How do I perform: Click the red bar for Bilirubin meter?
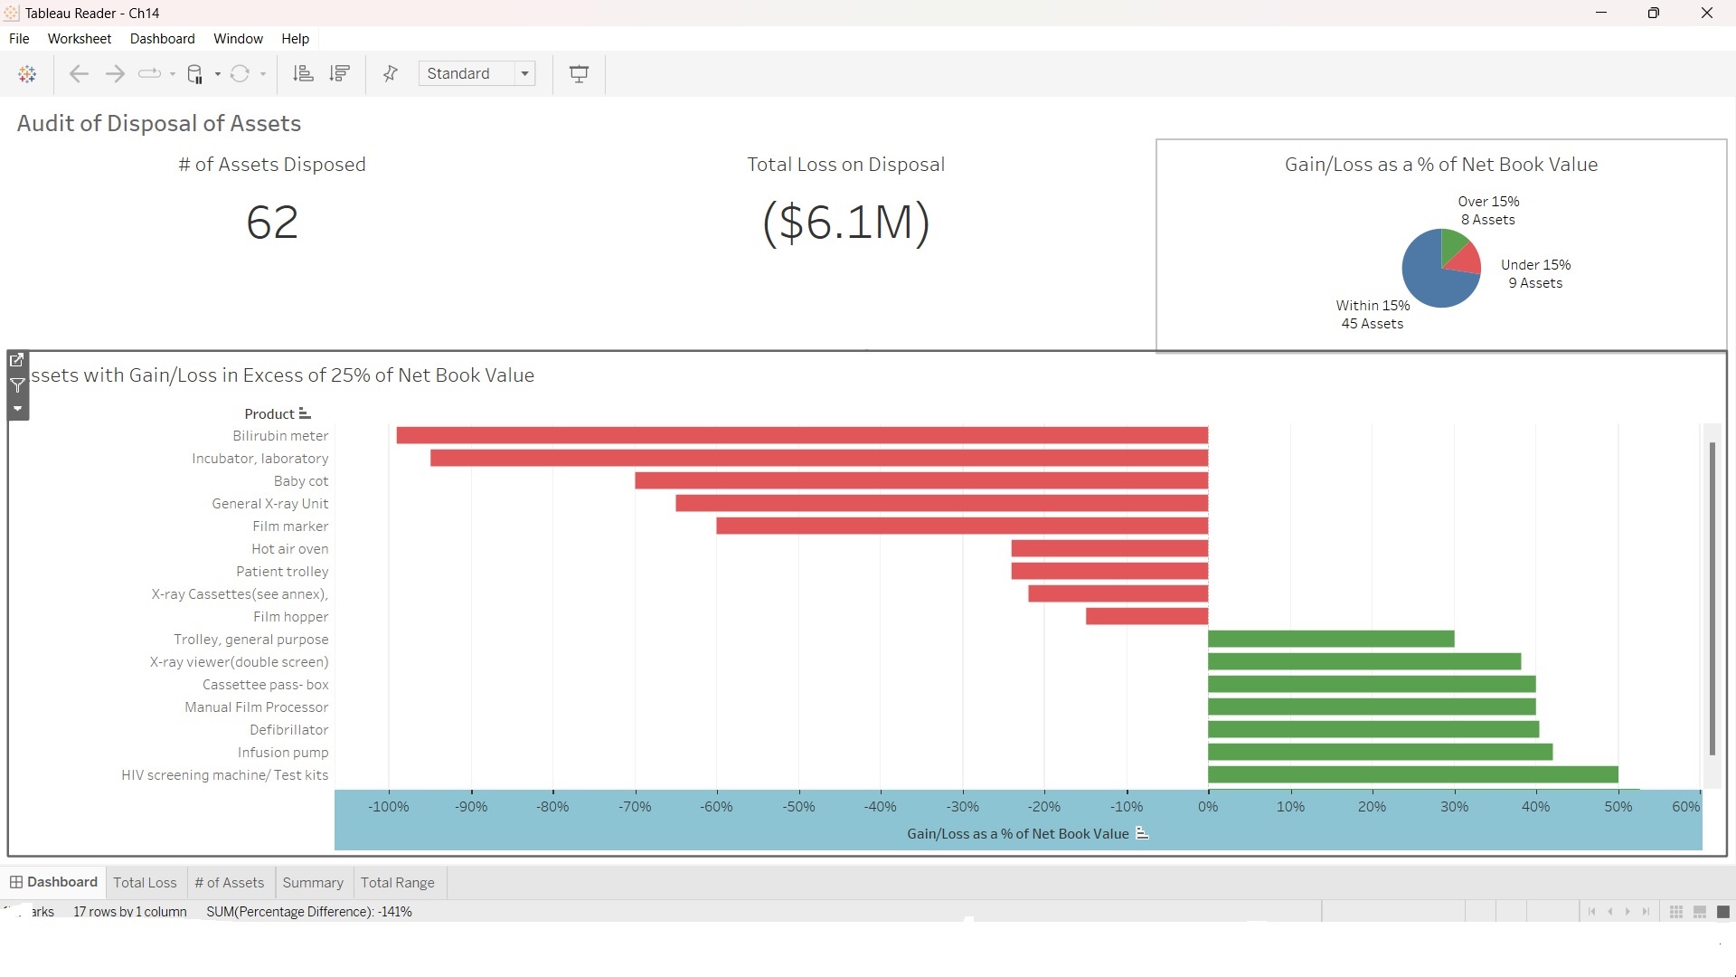(802, 436)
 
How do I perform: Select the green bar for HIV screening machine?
(1412, 775)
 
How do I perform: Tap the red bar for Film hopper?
(1146, 617)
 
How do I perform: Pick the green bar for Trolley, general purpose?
(1331, 640)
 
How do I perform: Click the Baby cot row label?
(301, 481)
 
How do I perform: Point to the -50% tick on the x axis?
(798, 806)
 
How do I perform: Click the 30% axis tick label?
(1454, 806)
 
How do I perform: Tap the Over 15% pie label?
(1488, 202)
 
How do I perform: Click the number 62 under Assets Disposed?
(272, 223)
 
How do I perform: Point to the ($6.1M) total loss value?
(845, 223)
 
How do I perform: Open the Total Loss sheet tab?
(145, 883)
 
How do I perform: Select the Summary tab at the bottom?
(313, 883)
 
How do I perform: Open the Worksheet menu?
(80, 39)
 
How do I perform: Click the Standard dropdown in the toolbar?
(476, 74)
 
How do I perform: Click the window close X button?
(1706, 13)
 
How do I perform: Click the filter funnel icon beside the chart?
(17, 385)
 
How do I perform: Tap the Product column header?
(269, 414)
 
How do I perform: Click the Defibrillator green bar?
(1373, 730)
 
